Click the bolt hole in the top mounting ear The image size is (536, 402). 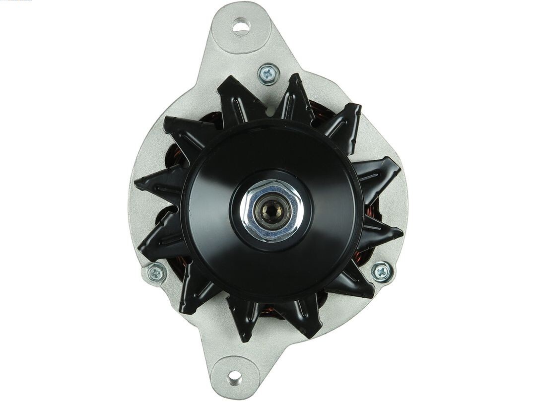click(x=241, y=26)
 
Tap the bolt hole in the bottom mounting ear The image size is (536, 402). click(x=234, y=378)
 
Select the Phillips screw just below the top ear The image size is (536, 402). click(x=268, y=74)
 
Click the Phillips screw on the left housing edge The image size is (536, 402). click(x=156, y=273)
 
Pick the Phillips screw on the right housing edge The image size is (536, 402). click(x=382, y=271)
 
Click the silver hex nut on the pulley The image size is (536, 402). click(x=271, y=210)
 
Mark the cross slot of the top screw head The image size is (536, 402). click(x=268, y=74)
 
